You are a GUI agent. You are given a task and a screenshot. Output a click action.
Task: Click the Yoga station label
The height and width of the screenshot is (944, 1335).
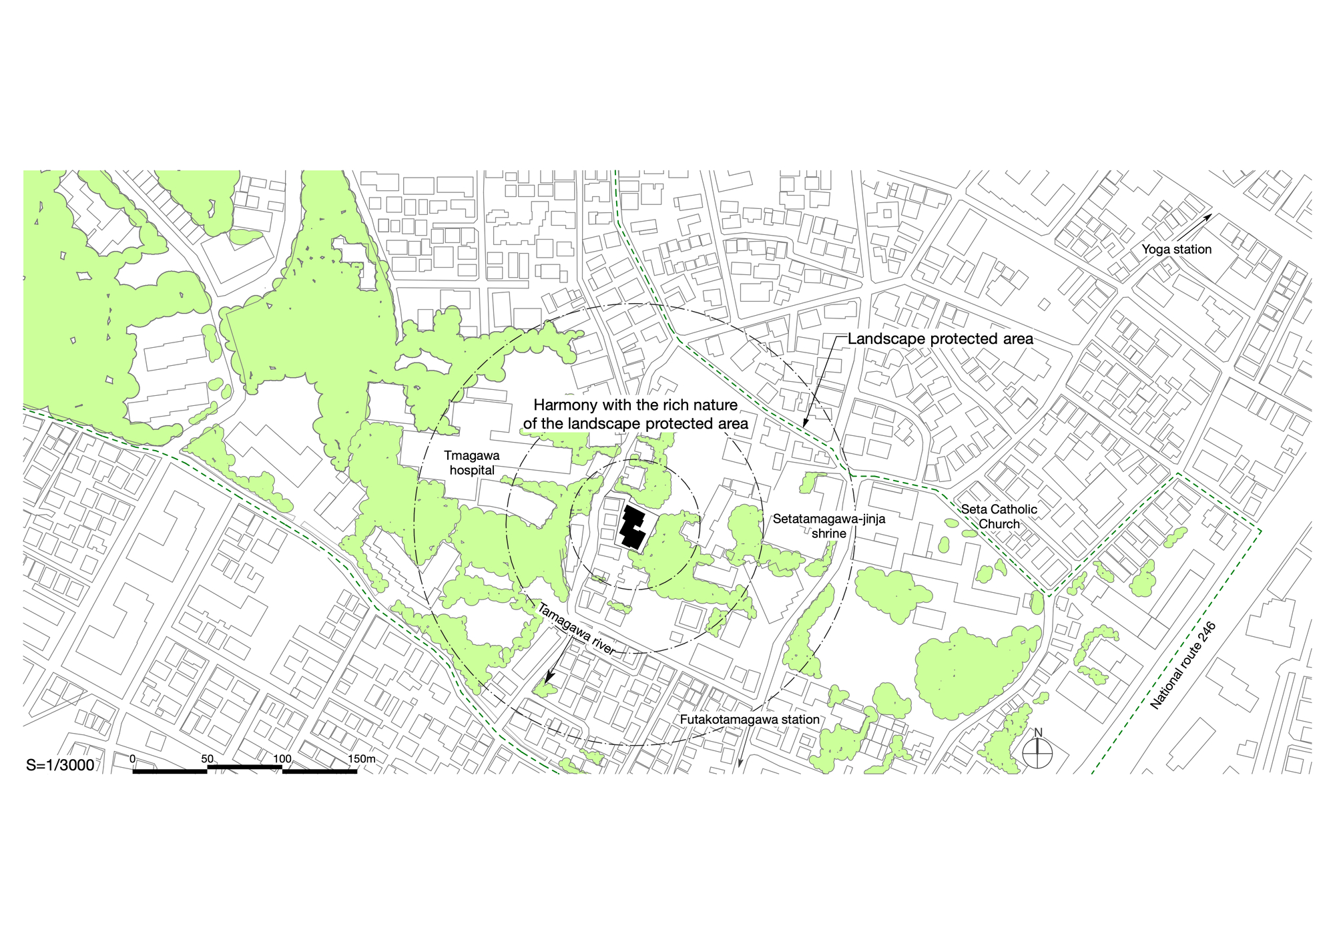[x=1176, y=250]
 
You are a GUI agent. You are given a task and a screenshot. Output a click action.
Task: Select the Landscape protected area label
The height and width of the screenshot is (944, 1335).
[x=940, y=339]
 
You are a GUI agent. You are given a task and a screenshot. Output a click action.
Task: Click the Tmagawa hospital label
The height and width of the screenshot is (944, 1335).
[x=473, y=463]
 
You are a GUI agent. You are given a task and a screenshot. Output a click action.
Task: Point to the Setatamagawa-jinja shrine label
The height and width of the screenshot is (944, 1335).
[x=828, y=525]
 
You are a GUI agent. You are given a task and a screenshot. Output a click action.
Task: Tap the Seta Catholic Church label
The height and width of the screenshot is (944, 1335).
[x=999, y=517]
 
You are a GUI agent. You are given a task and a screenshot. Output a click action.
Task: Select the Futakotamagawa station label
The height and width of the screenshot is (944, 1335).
[x=750, y=720]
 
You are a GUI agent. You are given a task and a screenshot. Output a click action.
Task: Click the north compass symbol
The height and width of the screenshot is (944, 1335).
[x=1038, y=752]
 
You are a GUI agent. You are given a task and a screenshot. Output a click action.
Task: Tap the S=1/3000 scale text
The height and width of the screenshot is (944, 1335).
[x=60, y=765]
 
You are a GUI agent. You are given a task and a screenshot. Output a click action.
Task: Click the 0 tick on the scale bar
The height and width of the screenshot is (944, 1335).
[x=133, y=759]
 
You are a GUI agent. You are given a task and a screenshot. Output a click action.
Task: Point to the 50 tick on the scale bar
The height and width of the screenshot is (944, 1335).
[x=208, y=759]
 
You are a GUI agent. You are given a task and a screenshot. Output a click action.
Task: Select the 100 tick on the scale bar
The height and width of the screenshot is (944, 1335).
[x=282, y=759]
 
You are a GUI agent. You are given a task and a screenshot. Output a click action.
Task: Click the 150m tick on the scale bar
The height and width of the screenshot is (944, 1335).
[x=361, y=759]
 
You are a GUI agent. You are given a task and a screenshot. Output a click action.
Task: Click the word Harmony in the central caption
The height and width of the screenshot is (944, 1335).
[x=564, y=405]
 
